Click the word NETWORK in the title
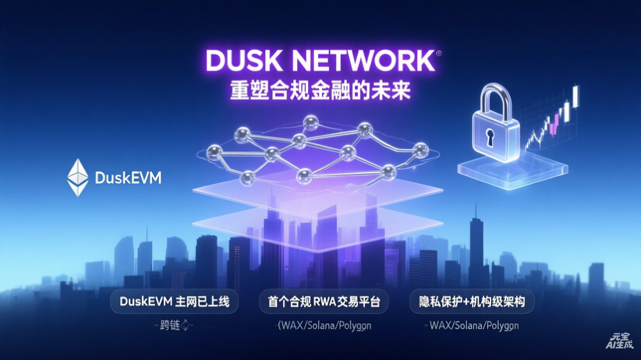pos(358,61)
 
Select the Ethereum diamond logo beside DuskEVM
pos(78,177)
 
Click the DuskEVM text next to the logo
pos(128,178)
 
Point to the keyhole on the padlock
pos(490,136)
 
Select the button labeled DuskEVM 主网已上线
pos(169,301)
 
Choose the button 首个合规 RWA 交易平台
pos(320,301)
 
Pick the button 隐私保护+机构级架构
pos(472,301)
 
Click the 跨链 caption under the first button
pos(170,325)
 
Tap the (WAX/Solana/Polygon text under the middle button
pos(320,325)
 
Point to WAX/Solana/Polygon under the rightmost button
pos(473,325)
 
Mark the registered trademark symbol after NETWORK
pos(438,53)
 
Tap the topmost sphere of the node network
pos(311,121)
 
